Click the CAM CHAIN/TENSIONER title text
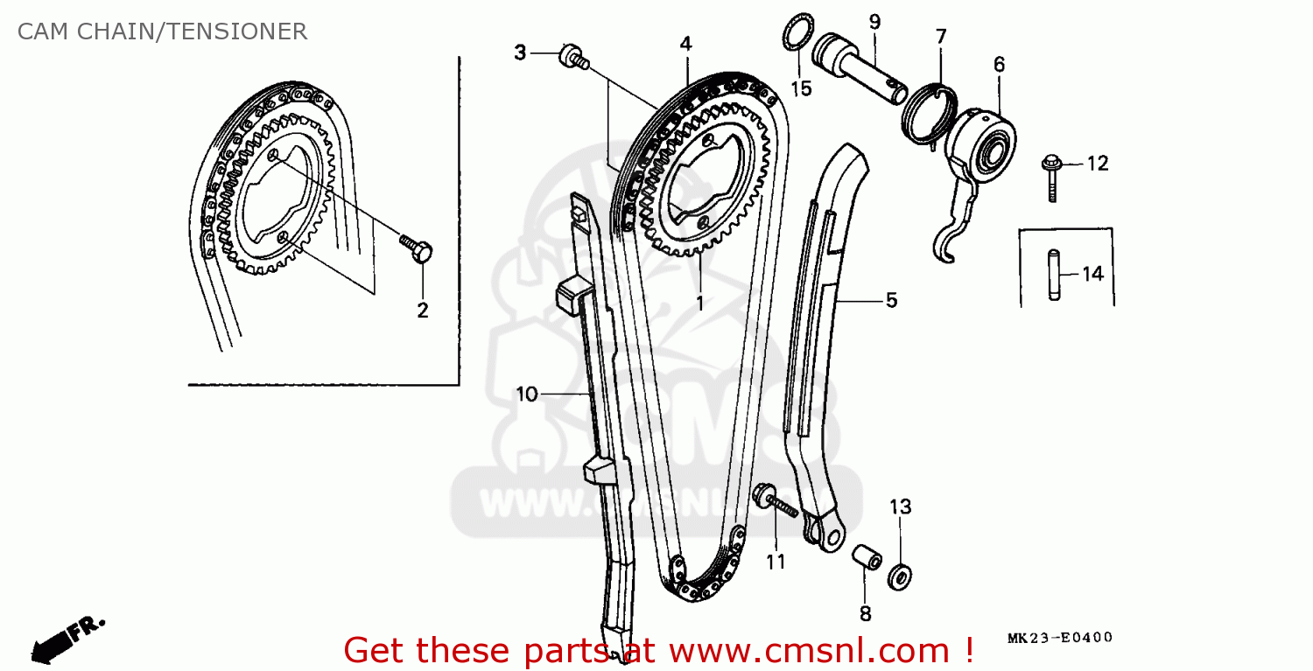pyautogui.click(x=162, y=32)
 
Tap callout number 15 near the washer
pyautogui.click(x=801, y=87)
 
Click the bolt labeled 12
pyautogui.click(x=1051, y=178)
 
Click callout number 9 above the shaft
pyautogui.click(x=874, y=21)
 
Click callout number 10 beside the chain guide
pyautogui.click(x=526, y=395)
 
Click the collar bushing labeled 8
pyautogui.click(x=865, y=558)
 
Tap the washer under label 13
pyautogui.click(x=900, y=576)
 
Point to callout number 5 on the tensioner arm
pyautogui.click(x=890, y=300)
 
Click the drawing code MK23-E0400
pyautogui.click(x=1059, y=638)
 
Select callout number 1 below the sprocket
pyautogui.click(x=699, y=303)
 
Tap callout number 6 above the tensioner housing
pyautogui.click(x=999, y=64)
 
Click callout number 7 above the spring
pyautogui.click(x=940, y=37)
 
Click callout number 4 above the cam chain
pyautogui.click(x=685, y=43)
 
